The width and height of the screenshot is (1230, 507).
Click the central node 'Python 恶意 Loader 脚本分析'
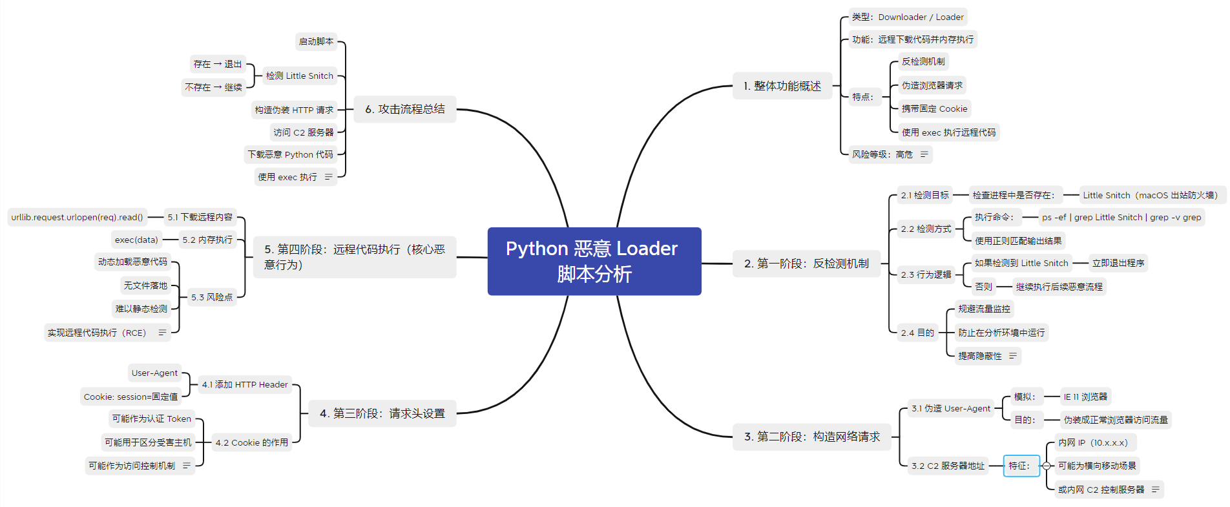(x=594, y=261)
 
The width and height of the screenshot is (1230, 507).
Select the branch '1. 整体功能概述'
(x=782, y=86)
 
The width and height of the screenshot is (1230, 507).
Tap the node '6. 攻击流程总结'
(x=405, y=109)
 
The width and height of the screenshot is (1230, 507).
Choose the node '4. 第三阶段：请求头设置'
(x=382, y=413)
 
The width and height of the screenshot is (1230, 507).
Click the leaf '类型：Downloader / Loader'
(x=907, y=17)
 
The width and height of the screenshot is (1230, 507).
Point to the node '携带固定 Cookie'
(x=934, y=109)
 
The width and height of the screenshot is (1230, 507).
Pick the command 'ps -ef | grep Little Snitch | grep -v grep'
(x=1121, y=218)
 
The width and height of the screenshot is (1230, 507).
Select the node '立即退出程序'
(x=1118, y=263)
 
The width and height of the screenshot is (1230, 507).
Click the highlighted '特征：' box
(x=1020, y=466)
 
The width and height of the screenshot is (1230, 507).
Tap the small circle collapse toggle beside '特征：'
(x=1047, y=466)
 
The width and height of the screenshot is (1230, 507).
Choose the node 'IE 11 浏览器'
(x=1085, y=397)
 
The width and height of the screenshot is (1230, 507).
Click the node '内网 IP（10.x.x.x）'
(x=1093, y=442)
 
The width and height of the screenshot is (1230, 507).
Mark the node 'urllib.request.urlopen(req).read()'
(x=77, y=217)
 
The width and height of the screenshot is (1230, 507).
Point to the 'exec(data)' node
(x=136, y=240)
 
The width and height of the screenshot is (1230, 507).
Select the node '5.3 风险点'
(x=212, y=297)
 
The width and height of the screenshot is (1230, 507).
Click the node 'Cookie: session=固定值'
(x=130, y=397)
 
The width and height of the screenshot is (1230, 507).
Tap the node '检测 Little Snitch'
(x=300, y=76)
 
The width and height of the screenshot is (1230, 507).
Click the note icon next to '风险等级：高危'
(x=924, y=154)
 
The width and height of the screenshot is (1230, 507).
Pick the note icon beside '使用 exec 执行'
(x=328, y=177)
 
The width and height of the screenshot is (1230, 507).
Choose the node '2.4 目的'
(x=917, y=333)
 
